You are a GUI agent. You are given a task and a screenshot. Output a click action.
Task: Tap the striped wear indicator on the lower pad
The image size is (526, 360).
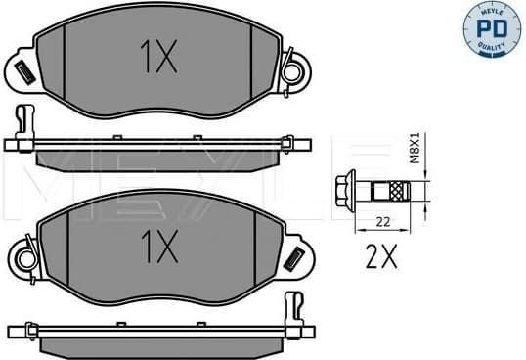point(292,256)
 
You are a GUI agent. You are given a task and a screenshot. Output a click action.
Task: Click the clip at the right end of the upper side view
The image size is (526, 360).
point(290,143)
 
